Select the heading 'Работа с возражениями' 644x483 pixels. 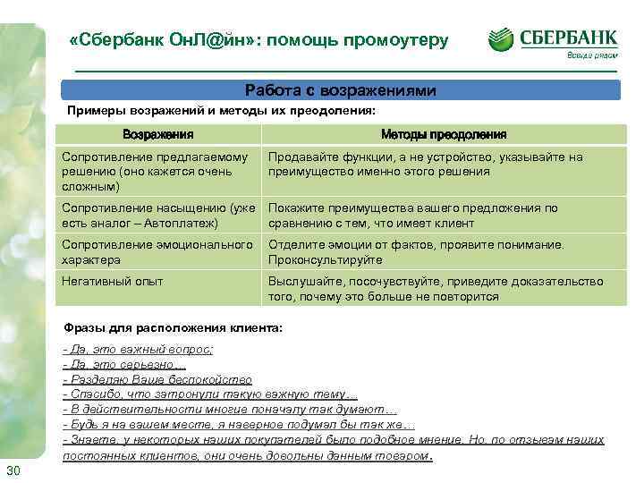point(340,91)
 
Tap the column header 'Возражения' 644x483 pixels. point(157,135)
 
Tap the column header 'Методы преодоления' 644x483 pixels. point(443,135)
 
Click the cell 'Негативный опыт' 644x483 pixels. point(112,281)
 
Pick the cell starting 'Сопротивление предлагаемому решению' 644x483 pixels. point(147,172)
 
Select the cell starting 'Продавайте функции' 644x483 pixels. point(425,164)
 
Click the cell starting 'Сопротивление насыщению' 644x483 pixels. point(157,216)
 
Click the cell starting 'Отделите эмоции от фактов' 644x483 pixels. point(417,251)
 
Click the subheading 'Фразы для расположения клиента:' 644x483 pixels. point(174,328)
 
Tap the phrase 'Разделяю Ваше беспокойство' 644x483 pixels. point(157,379)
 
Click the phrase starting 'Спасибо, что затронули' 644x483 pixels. point(210,394)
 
